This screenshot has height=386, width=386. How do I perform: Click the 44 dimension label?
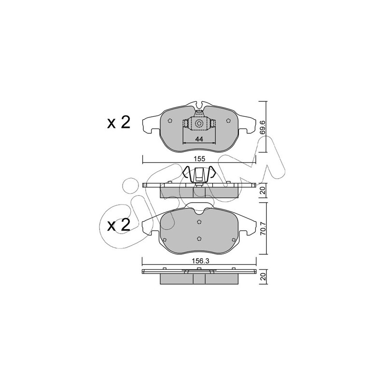(199, 139)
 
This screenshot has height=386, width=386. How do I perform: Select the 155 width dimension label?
(199, 159)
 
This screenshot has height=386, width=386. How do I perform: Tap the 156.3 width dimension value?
(200, 262)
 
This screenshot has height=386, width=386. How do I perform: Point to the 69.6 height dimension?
(263, 127)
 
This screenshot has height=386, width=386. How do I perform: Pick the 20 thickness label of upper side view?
(263, 190)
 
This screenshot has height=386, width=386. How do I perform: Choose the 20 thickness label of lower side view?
(263, 276)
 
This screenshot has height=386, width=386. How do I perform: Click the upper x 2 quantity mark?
(118, 123)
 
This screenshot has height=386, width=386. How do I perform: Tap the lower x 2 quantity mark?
(118, 225)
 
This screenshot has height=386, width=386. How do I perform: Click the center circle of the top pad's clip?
(199, 123)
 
